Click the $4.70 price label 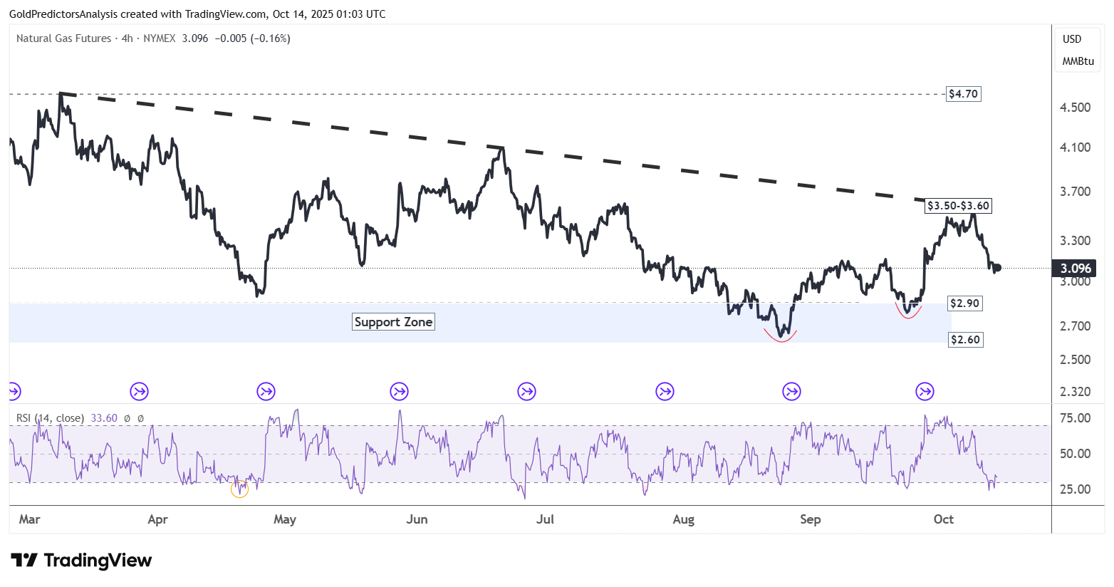click(963, 94)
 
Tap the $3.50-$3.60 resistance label click(958, 206)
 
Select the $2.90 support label click(964, 303)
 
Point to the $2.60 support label click(965, 340)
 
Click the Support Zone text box click(393, 322)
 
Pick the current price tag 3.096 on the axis click(1076, 269)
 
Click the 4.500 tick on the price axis click(1076, 108)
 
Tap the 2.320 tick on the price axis click(1076, 392)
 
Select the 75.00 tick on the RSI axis click(1076, 418)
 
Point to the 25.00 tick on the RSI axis click(1076, 489)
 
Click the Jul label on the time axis click(545, 519)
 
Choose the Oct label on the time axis click(943, 519)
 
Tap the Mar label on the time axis click(30, 519)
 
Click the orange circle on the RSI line click(240, 489)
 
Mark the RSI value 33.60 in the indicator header click(104, 418)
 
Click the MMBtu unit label click(1078, 61)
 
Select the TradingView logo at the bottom click(81, 561)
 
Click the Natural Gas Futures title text click(64, 38)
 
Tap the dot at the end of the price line click(998, 267)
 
